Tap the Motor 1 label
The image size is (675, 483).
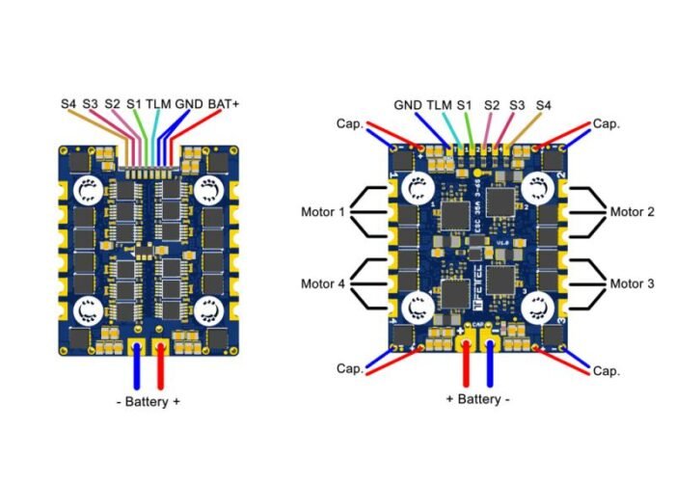tap(321, 210)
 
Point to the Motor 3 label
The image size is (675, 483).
tap(632, 283)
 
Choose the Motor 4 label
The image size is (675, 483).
tap(321, 283)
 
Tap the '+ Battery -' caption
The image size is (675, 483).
tap(478, 399)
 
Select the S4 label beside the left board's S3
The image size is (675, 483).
tap(67, 101)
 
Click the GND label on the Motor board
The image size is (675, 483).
tap(406, 104)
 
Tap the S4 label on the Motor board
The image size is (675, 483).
tap(545, 104)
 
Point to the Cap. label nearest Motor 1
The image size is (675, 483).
tap(349, 123)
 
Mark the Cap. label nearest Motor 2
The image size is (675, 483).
tap(606, 123)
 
